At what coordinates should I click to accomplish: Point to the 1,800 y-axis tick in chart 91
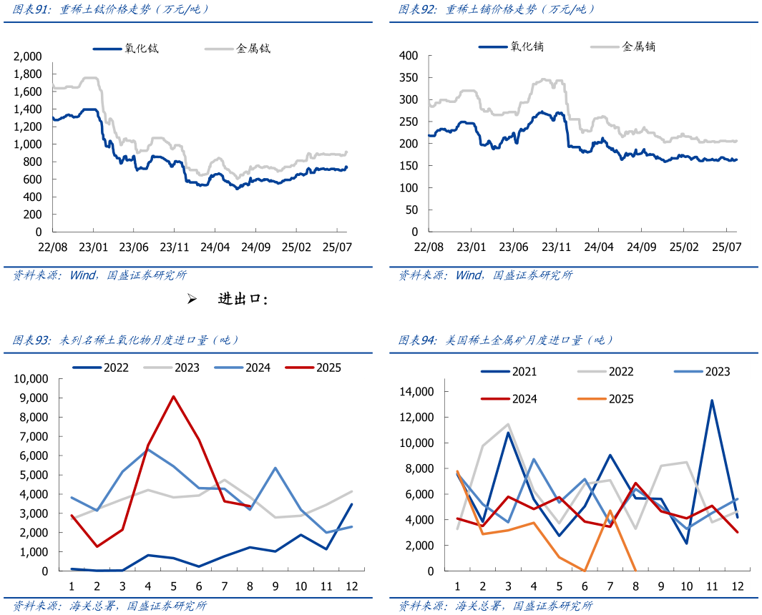point(28,74)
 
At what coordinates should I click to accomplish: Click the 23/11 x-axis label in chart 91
point(174,247)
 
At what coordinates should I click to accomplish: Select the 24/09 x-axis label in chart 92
point(642,247)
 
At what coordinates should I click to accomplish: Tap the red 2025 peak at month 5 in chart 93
point(174,396)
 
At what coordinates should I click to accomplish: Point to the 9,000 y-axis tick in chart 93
point(33,398)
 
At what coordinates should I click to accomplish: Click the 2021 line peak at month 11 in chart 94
point(712,400)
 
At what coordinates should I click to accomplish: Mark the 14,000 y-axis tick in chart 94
point(416,392)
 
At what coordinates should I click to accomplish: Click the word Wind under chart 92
point(469,275)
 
